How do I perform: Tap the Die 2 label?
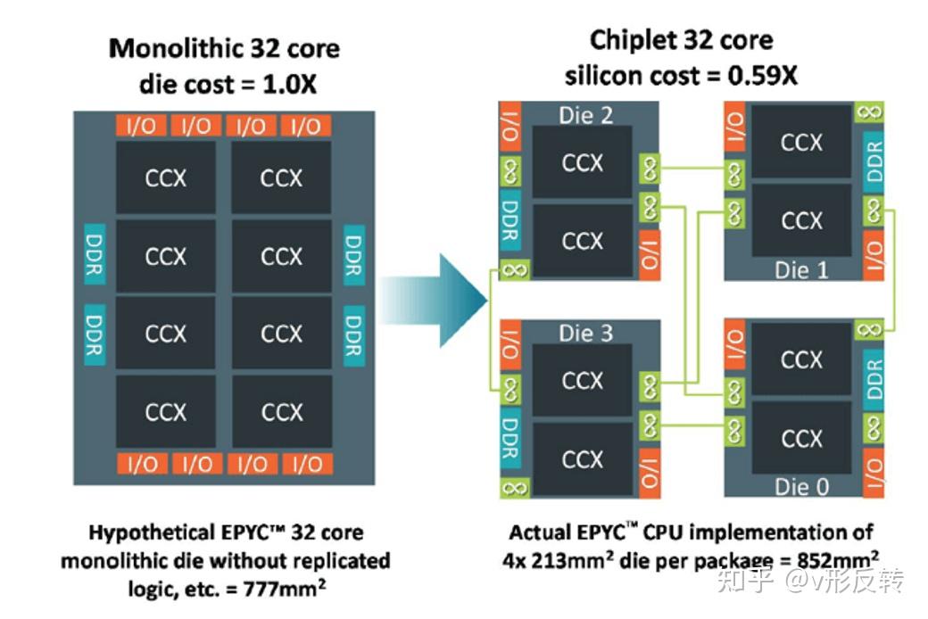585,115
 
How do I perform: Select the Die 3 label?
585,333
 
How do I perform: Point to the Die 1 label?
801,270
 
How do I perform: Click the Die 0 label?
801,486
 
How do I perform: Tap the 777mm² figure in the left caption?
284,587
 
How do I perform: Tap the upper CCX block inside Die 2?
583,161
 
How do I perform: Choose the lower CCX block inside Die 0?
801,438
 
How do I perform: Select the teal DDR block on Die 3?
510,439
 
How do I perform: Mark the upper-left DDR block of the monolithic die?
95,254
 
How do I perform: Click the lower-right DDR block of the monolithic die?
354,335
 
